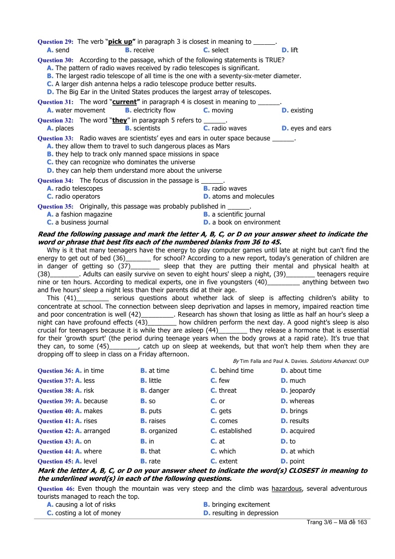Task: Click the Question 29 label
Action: click(56, 42)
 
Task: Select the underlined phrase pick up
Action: click(122, 42)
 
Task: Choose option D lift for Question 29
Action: click(294, 50)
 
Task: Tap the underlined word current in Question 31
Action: click(124, 102)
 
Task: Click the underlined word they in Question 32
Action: click(120, 120)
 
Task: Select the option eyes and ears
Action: click(310, 128)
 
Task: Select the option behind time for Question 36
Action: click(236, 371)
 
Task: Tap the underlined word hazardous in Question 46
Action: click(287, 489)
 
